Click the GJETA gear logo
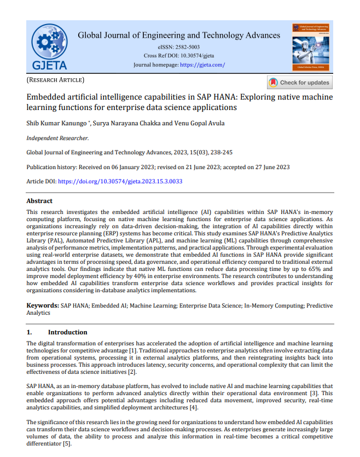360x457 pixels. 49,47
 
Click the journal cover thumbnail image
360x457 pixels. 312,47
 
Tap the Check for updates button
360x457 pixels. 299,83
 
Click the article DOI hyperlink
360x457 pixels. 120,181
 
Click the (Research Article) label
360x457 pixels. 55,80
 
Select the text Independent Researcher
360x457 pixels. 57,138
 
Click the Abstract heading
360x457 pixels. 39,201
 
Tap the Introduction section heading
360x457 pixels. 67,332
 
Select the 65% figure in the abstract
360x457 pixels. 312,269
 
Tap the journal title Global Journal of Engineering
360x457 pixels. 179,36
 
